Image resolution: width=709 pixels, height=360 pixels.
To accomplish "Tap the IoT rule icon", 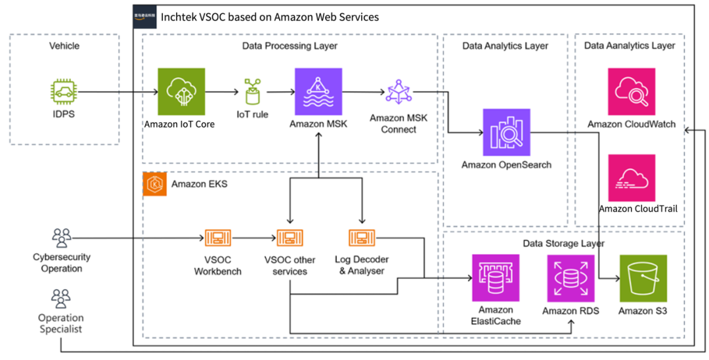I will point(252,92).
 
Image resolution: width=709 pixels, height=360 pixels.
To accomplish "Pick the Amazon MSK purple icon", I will point(318,91).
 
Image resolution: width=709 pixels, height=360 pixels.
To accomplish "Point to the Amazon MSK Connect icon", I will point(398,92).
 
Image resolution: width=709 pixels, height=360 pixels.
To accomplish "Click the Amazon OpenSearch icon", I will point(506,131).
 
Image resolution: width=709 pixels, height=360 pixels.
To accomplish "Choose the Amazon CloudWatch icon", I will point(632,91).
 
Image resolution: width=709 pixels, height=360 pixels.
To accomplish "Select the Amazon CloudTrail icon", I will point(632,177).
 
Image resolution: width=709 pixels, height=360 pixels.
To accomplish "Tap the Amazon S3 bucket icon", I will point(643,278).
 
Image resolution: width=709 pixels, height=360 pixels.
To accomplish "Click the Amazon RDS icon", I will point(570,278).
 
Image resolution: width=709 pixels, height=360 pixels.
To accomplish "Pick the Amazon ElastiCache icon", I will point(496,278).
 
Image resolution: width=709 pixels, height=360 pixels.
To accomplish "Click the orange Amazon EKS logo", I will point(154,185).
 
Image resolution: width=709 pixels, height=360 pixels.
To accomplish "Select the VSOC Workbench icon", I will point(217,238).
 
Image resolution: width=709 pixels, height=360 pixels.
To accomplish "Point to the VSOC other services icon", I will point(290,238).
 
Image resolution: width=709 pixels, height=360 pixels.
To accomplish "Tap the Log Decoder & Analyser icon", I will point(361,238).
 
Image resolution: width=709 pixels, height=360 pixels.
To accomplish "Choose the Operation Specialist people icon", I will point(60,299).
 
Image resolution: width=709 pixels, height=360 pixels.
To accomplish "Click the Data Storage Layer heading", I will point(563,243).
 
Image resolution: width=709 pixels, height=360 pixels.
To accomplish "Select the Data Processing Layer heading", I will point(290,46).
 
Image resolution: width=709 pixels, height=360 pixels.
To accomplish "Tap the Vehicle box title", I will point(64,46).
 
